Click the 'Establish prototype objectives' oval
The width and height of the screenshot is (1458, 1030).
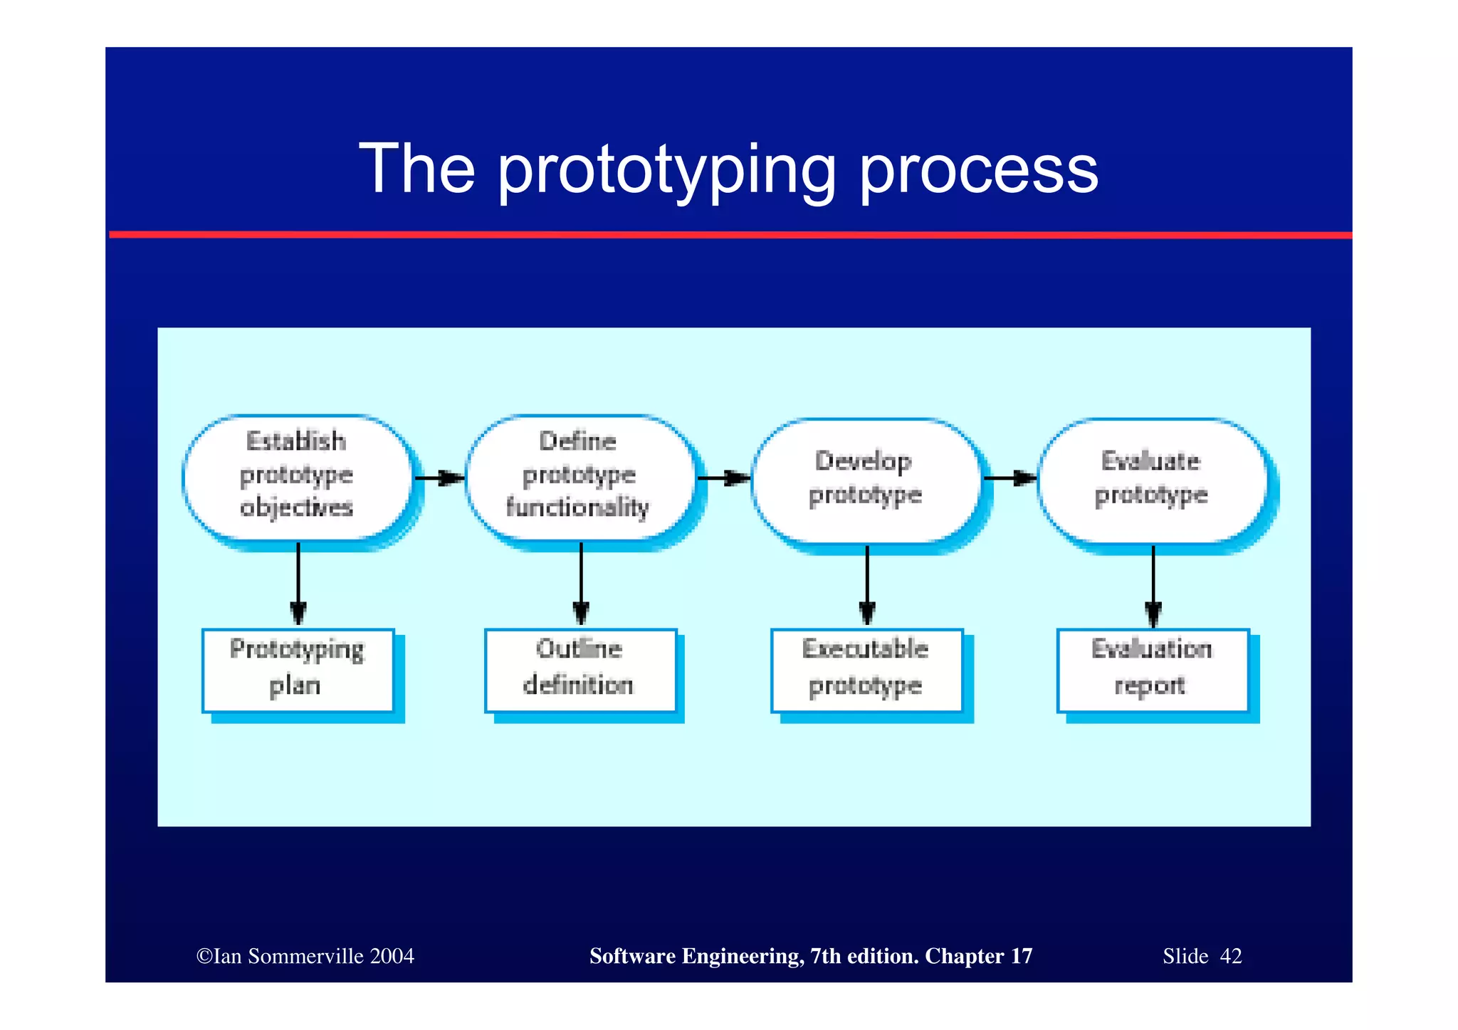click(298, 475)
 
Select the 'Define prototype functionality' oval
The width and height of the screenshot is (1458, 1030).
click(579, 475)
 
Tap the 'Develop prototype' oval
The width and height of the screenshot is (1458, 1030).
click(866, 478)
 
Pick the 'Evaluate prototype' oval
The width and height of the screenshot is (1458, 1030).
click(1152, 478)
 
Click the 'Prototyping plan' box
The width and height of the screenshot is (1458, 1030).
click(298, 669)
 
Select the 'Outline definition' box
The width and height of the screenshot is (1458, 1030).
click(579, 669)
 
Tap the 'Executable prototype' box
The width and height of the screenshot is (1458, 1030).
click(866, 669)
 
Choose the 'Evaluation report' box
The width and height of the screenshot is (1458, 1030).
click(1153, 669)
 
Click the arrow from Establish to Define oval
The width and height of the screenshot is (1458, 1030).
click(439, 478)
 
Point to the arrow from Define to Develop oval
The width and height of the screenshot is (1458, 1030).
click(723, 478)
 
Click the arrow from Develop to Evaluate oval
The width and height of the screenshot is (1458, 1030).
click(1009, 478)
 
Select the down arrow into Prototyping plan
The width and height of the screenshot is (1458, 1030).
click(298, 584)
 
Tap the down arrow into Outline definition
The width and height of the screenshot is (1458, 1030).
click(581, 584)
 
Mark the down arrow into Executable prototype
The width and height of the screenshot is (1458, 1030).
click(867, 585)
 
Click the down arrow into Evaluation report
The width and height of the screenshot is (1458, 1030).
click(1153, 585)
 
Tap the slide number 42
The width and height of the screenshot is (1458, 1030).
click(1231, 956)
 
